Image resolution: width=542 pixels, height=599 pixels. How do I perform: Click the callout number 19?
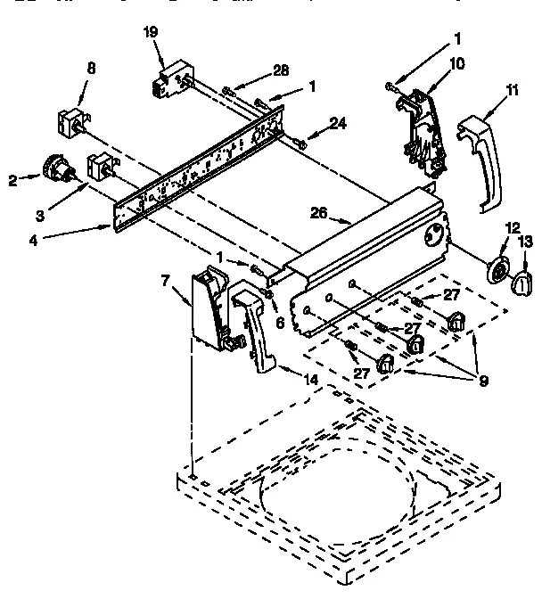(151, 32)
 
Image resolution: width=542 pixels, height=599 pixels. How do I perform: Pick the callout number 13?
(525, 240)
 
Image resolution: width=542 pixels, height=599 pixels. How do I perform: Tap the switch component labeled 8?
(70, 121)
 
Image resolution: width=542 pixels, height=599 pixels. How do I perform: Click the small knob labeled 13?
(521, 283)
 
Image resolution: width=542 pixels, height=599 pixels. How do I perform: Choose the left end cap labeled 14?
(254, 325)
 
